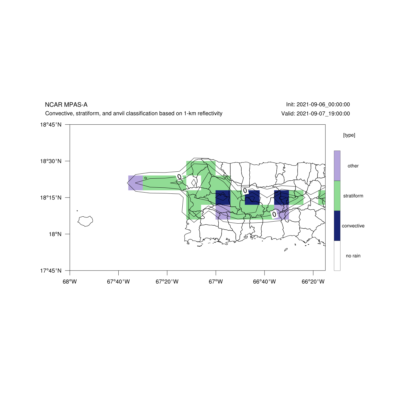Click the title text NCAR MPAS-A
(x=66, y=105)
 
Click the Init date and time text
(x=318, y=104)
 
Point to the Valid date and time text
(x=316, y=114)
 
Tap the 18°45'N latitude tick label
(x=51, y=125)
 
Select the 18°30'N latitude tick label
(x=51, y=161)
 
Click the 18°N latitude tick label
(x=55, y=234)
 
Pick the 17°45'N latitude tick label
(x=51, y=271)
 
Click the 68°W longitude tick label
(x=70, y=282)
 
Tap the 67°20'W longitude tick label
(x=167, y=282)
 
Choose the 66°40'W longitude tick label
(x=264, y=282)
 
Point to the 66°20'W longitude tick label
(x=313, y=282)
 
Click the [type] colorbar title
(x=349, y=135)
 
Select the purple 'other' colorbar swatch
(x=337, y=166)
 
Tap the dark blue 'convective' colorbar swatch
(x=337, y=226)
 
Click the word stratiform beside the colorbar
(x=353, y=196)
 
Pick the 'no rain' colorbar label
(x=353, y=256)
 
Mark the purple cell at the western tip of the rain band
(x=135, y=183)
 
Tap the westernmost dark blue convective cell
(x=223, y=197)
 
